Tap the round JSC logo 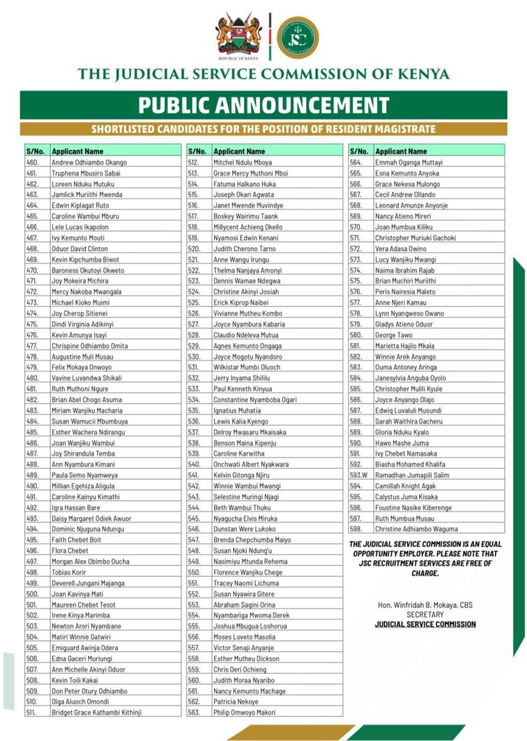tap(297, 36)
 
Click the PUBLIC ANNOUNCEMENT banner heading tap(263, 106)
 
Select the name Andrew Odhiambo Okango tap(89, 163)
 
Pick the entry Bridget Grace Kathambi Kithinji tap(96, 712)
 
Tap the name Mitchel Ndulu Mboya tap(243, 163)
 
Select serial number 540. tap(193, 464)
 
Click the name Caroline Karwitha tap(239, 453)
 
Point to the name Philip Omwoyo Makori tap(244, 712)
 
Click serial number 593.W tap(358, 475)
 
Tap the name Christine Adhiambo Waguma tap(416, 529)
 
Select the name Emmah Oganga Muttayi tap(408, 163)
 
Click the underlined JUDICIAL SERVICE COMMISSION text tap(425, 624)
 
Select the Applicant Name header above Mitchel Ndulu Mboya tap(240, 151)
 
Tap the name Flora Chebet tap(70, 550)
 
